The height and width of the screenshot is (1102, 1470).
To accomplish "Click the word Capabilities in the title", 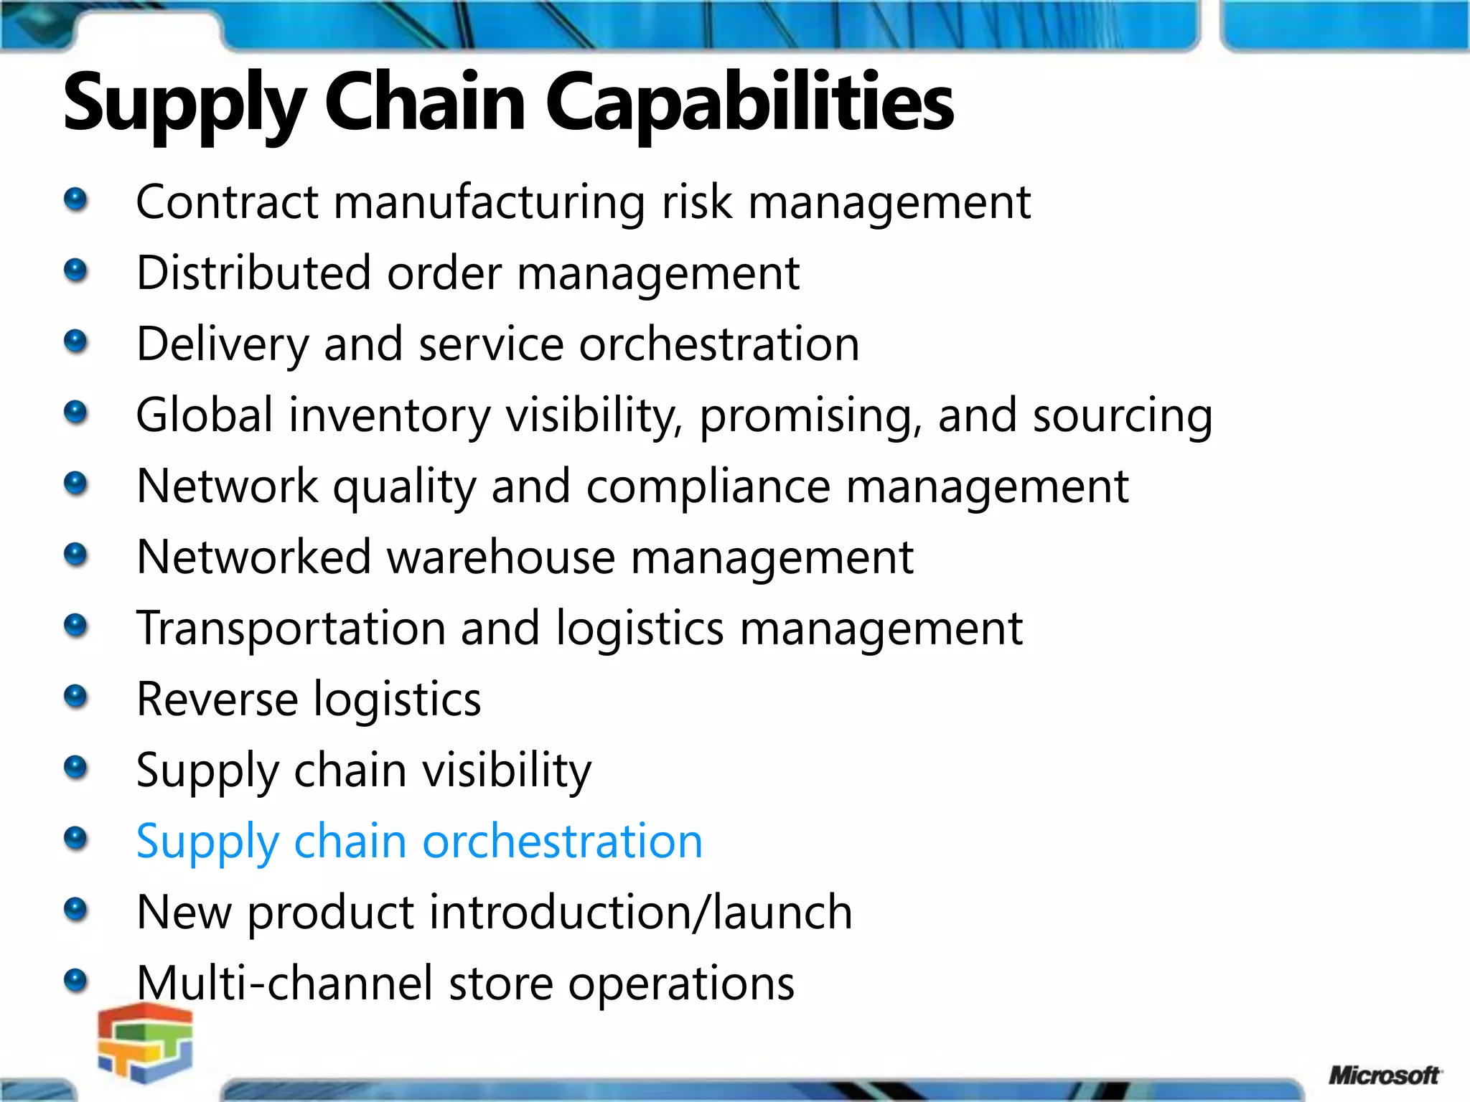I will click(749, 105).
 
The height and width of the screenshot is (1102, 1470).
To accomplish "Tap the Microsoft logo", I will click(1384, 1075).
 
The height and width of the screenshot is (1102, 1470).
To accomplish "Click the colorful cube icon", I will click(146, 1042).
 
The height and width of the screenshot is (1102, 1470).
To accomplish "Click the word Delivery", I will click(222, 345).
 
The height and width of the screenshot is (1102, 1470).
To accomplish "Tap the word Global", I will click(205, 415).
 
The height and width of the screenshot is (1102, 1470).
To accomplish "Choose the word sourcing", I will click(1123, 417).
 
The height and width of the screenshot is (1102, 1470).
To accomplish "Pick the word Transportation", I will click(291, 629).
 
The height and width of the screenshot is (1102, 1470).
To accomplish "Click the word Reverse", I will click(217, 700).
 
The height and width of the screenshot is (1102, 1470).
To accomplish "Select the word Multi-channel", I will click(284, 983).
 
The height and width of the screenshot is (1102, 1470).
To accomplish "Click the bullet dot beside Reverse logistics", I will click(75, 696).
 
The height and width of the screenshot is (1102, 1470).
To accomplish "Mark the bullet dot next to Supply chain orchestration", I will click(75, 838).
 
